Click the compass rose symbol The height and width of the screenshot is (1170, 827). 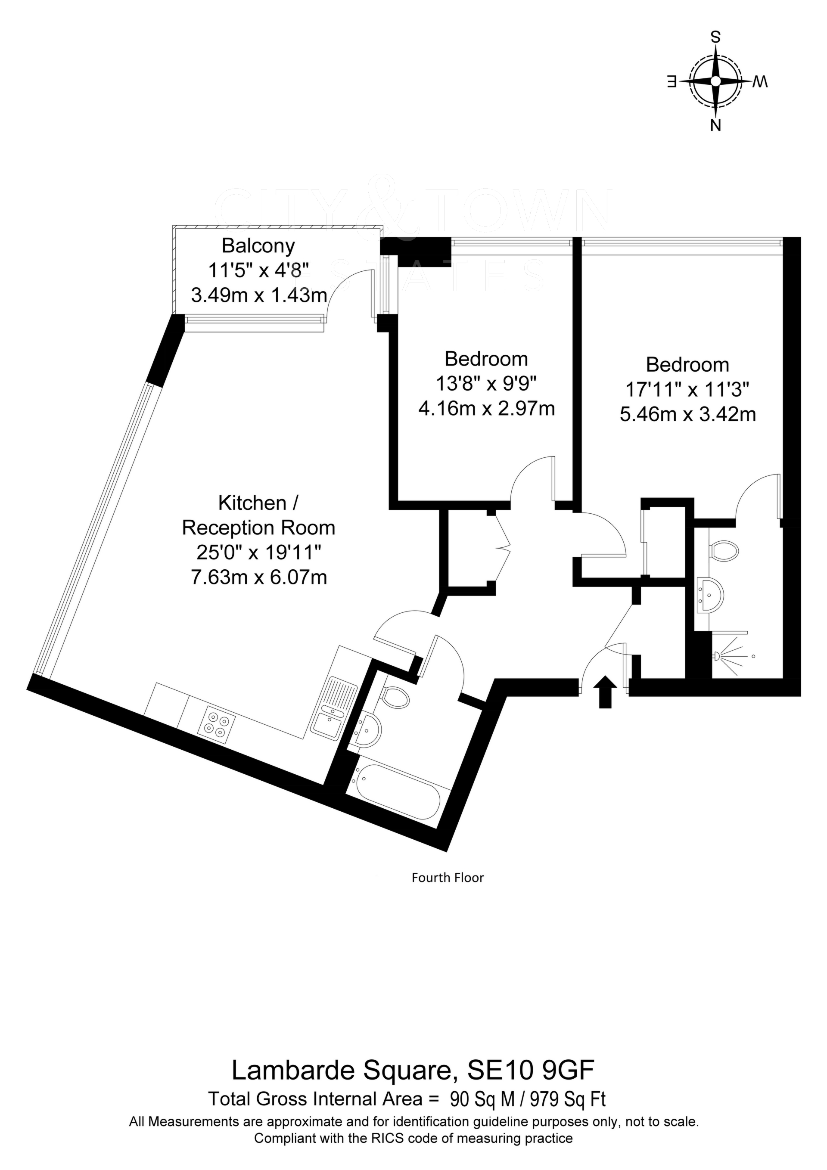tap(716, 81)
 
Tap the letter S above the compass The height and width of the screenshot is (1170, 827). tap(716, 37)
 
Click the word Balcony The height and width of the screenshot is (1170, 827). tap(258, 246)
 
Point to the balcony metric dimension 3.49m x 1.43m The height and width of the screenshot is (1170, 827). tap(258, 295)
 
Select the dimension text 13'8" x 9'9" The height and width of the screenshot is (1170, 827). tap(486, 383)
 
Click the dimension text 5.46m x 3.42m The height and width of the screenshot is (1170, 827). tap(688, 414)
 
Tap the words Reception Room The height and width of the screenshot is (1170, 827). tap(258, 528)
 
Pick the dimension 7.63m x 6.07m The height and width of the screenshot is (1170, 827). tap(258, 577)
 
